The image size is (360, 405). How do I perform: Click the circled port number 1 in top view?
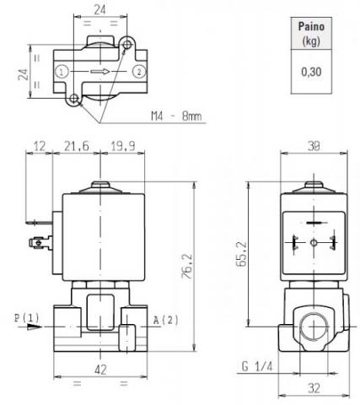coord(62,72)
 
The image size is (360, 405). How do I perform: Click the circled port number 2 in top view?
coord(139,72)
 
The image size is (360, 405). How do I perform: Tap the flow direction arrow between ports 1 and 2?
coord(99,72)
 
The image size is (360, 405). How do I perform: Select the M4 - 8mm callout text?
coord(176,116)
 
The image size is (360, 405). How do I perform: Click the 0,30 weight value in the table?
coord(311,72)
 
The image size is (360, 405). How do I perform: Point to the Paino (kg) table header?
coord(311,34)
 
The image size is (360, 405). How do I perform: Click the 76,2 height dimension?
coord(187,266)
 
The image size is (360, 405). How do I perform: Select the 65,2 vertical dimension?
coord(241,254)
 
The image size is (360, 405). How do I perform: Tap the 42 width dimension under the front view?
coord(100,370)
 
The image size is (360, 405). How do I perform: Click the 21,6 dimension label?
coord(77,146)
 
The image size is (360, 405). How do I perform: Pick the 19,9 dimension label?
coord(123,146)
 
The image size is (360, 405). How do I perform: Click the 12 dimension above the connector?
coord(40,146)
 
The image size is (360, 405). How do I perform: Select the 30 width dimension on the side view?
coord(314,146)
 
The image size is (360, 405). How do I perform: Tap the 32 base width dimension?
coord(314,388)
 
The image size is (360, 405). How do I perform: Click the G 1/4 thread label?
coord(257,366)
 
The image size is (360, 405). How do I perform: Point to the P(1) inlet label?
coord(27,318)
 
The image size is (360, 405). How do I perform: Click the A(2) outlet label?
coord(166,320)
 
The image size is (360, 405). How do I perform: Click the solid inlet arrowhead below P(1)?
coord(35,327)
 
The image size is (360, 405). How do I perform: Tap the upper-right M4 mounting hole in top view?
coord(127,45)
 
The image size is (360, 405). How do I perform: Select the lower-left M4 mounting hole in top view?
coord(74,99)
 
